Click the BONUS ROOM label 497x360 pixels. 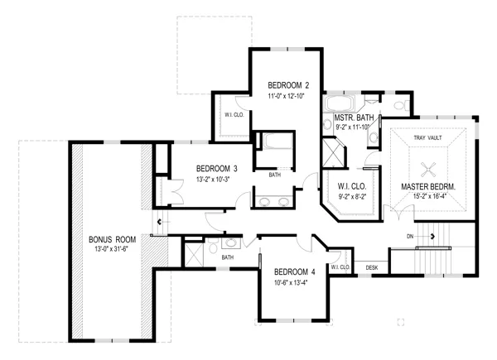112,239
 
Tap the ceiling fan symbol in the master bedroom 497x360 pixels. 428,170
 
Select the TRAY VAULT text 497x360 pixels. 427,137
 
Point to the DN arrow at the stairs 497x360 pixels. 421,236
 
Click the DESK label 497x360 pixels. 372,268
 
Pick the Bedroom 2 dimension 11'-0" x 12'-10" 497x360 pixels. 286,96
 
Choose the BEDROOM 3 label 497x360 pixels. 217,169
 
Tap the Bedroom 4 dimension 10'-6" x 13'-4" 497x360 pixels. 291,282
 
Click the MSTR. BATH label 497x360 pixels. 354,118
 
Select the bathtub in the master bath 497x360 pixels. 339,103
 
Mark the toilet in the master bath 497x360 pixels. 402,105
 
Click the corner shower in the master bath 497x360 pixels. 334,153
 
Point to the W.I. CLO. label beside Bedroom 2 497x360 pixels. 234,115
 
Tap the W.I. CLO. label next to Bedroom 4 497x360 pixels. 340,267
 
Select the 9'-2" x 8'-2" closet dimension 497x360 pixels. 352,197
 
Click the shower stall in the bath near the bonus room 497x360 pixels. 195,255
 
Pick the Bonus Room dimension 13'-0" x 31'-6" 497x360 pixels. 111,249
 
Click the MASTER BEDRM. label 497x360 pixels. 428,187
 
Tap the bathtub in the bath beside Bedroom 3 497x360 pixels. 277,142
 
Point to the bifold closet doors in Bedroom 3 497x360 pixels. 175,191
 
